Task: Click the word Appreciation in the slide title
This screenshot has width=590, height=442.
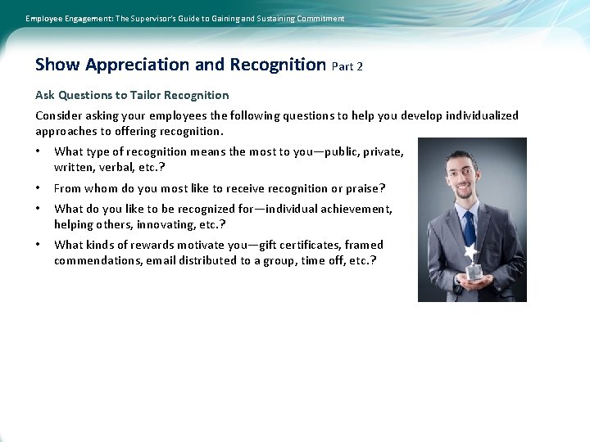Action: coord(134,65)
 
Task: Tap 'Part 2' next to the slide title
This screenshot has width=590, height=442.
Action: coord(347,66)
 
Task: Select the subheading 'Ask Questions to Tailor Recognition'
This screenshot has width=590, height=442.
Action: coord(132,95)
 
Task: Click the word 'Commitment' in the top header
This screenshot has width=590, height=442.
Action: coord(318,18)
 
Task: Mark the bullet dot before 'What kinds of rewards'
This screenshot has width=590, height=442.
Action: coord(39,245)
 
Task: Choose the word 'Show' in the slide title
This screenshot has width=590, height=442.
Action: coord(57,65)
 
